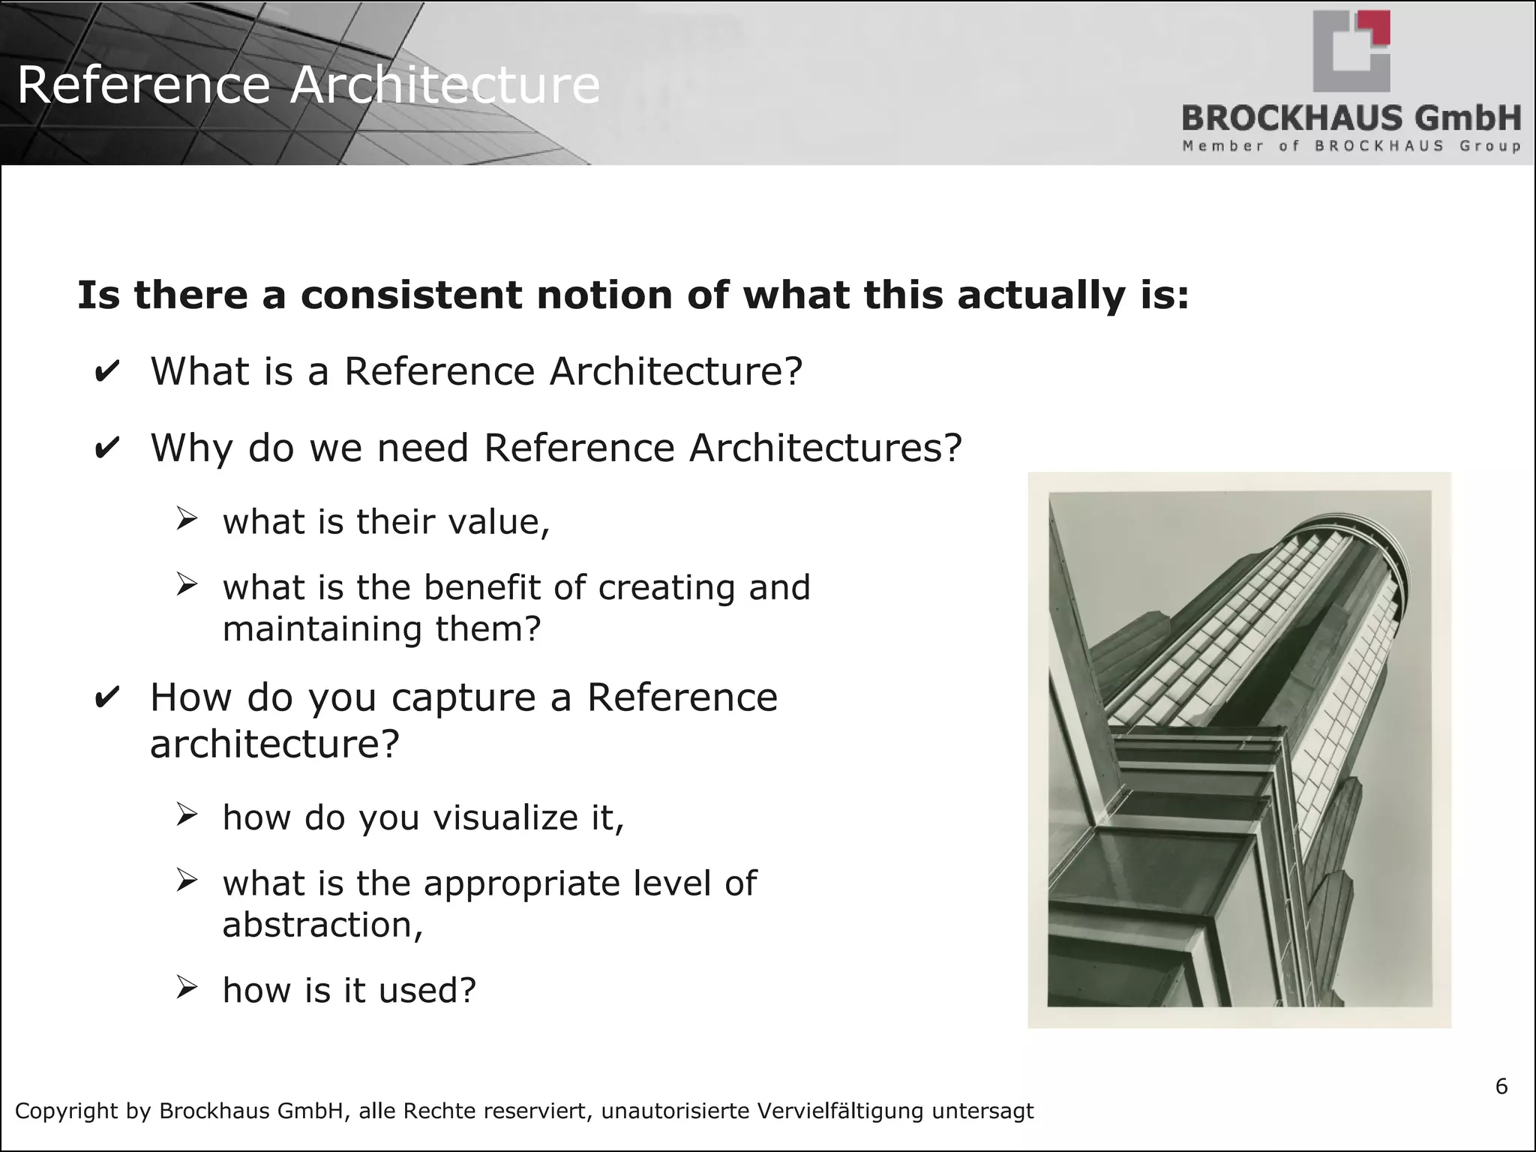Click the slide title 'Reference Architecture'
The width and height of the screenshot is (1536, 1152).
coord(307,85)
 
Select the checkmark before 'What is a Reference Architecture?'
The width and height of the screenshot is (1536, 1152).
coord(106,372)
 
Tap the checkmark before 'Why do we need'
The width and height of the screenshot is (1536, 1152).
coord(106,448)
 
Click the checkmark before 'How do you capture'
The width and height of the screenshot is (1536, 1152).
coord(106,698)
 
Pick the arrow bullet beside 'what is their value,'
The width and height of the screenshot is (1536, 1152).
coord(186,519)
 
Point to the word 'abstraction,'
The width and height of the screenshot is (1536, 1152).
coord(322,925)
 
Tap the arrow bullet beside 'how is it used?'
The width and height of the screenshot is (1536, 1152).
coord(186,988)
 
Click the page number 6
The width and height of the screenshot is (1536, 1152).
coord(1501,1086)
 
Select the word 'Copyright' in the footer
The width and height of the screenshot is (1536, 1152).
coord(66,1111)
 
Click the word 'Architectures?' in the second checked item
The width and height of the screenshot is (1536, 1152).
coord(825,448)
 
